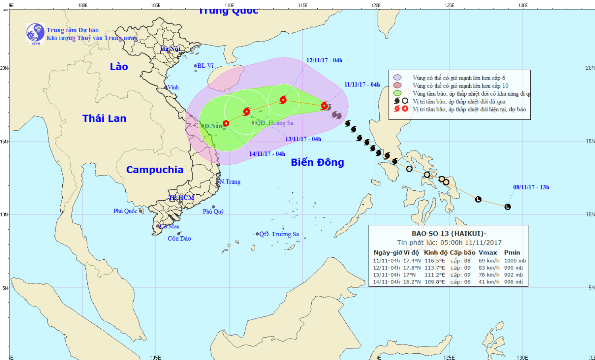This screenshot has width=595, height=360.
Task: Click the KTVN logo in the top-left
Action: (x=35, y=33)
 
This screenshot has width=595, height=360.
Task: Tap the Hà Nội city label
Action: (x=170, y=49)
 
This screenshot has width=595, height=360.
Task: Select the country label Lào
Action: (x=119, y=67)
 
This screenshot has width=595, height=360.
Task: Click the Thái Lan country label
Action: (x=104, y=118)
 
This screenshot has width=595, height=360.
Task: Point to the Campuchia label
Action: (x=155, y=170)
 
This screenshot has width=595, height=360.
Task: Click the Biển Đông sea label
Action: (x=317, y=162)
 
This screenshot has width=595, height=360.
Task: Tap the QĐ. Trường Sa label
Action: (x=279, y=234)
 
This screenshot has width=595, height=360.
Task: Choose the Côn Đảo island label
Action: (x=179, y=239)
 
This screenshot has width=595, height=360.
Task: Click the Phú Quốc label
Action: (x=125, y=211)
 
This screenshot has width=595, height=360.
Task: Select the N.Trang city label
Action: (x=230, y=182)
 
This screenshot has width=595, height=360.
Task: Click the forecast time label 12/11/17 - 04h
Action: (x=324, y=60)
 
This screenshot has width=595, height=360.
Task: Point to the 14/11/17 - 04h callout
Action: (x=267, y=154)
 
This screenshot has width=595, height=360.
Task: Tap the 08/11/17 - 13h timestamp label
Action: (x=531, y=187)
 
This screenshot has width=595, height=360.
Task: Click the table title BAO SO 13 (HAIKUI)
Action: (x=449, y=234)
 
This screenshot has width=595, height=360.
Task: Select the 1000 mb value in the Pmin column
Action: (x=515, y=260)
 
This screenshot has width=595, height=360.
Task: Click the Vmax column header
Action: (x=488, y=253)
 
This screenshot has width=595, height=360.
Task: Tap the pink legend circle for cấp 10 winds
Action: (x=397, y=85)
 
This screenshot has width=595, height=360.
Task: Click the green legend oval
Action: (x=397, y=93)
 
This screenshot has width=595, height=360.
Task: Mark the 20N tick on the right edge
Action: (x=590, y=68)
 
